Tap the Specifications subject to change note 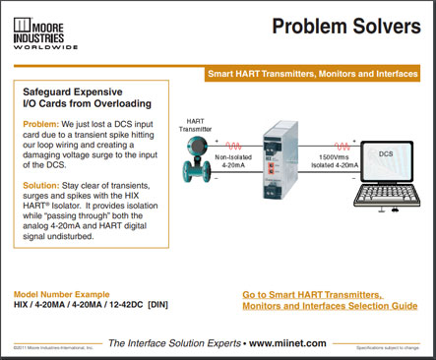click(x=393, y=348)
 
